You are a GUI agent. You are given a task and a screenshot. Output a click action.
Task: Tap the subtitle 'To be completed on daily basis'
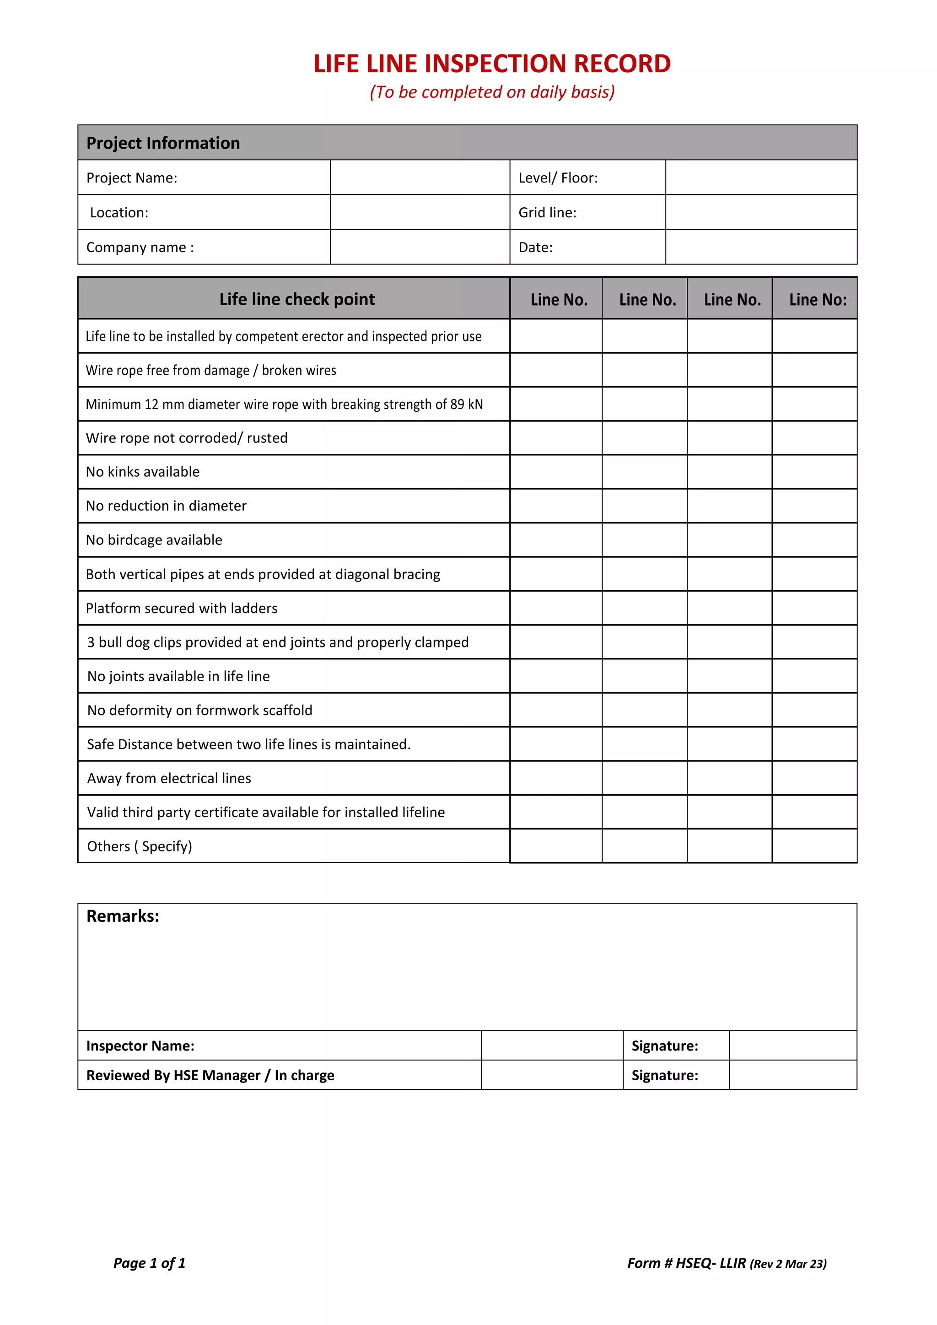tap(492, 92)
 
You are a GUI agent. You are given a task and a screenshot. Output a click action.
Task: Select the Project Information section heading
tap(163, 143)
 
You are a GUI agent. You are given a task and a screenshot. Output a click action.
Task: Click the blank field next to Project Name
tap(420, 178)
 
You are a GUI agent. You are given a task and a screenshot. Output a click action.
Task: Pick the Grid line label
tap(547, 212)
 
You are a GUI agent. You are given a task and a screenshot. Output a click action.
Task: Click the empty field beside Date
tap(760, 248)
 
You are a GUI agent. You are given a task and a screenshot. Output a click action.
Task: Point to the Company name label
tap(140, 248)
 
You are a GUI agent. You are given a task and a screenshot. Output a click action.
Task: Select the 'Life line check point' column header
tap(296, 299)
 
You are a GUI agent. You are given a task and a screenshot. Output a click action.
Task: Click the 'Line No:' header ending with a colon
tap(818, 300)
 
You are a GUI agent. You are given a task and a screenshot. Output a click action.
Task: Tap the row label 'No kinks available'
tap(142, 472)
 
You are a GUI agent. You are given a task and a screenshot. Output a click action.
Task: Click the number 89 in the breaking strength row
tap(458, 404)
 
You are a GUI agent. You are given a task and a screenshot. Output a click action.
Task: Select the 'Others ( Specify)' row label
tap(139, 846)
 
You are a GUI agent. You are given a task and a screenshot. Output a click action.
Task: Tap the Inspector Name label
tap(140, 1046)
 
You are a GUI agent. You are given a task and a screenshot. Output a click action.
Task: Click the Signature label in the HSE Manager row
tap(665, 1076)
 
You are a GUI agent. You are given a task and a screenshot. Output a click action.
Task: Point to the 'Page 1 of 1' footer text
tap(150, 1263)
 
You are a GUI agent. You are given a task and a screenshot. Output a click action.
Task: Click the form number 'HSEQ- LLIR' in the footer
tap(711, 1263)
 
